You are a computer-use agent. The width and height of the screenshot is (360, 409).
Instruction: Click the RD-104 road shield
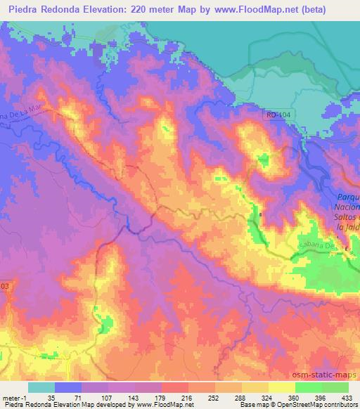coord(278,112)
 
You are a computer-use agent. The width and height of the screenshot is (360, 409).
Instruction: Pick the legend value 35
coord(41,398)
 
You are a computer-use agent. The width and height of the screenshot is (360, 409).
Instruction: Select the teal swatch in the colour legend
coord(41,387)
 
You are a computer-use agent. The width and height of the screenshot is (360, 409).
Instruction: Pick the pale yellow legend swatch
coord(281,387)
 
